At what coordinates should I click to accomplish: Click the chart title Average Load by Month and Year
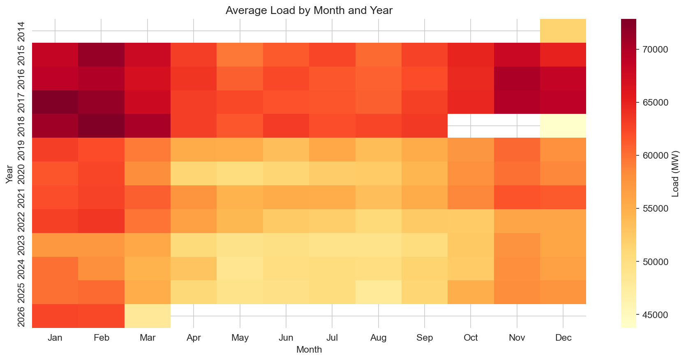point(309,11)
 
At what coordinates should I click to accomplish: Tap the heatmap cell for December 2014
point(563,31)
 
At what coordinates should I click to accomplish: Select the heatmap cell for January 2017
point(55,102)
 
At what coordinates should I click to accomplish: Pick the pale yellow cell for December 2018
point(563,126)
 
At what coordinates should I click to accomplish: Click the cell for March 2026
point(147,316)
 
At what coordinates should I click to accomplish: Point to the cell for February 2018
point(101,126)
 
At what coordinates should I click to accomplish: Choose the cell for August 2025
point(378,292)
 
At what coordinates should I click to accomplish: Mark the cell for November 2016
point(517,78)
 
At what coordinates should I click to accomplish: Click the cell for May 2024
point(240,268)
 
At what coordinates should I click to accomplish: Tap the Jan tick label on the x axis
point(55,338)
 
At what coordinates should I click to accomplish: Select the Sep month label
point(424,338)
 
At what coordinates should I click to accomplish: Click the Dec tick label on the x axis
point(563,338)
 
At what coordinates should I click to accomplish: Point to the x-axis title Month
point(309,350)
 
